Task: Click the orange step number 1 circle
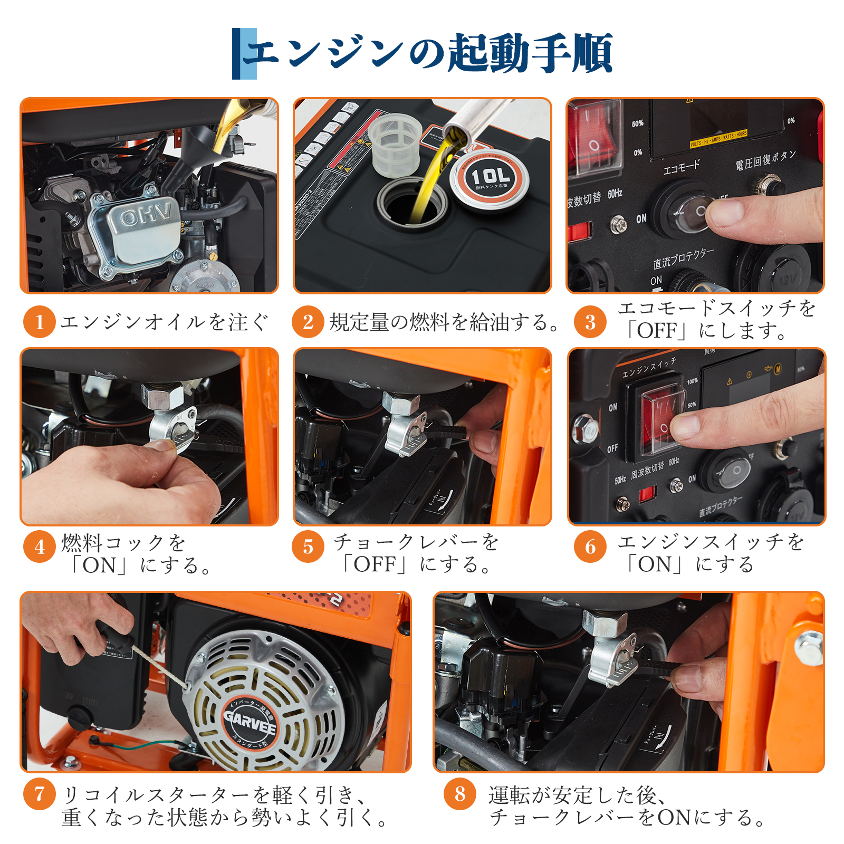39,322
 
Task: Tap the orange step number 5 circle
308,546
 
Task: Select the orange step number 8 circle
460,794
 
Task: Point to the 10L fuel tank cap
490,179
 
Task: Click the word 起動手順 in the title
530,53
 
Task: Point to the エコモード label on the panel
681,167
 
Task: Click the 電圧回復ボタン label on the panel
765,160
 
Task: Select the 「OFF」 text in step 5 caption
376,564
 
